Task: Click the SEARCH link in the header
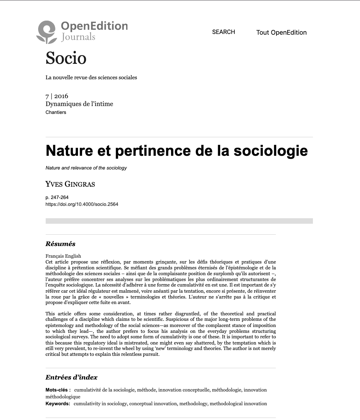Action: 223,32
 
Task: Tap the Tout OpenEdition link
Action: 281,33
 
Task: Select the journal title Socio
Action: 66,58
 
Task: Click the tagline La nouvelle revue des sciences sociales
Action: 91,78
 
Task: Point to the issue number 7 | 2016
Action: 57,96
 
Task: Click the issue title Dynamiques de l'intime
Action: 79,104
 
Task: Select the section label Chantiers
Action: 56,112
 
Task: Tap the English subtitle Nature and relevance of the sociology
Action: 86,168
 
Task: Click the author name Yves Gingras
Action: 70,184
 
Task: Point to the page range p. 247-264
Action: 57,197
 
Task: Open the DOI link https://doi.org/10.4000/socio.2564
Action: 82,204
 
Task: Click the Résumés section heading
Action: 60,244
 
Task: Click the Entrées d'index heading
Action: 71,377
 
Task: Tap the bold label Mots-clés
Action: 58,390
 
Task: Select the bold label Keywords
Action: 57,404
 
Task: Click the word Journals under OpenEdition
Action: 78,37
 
